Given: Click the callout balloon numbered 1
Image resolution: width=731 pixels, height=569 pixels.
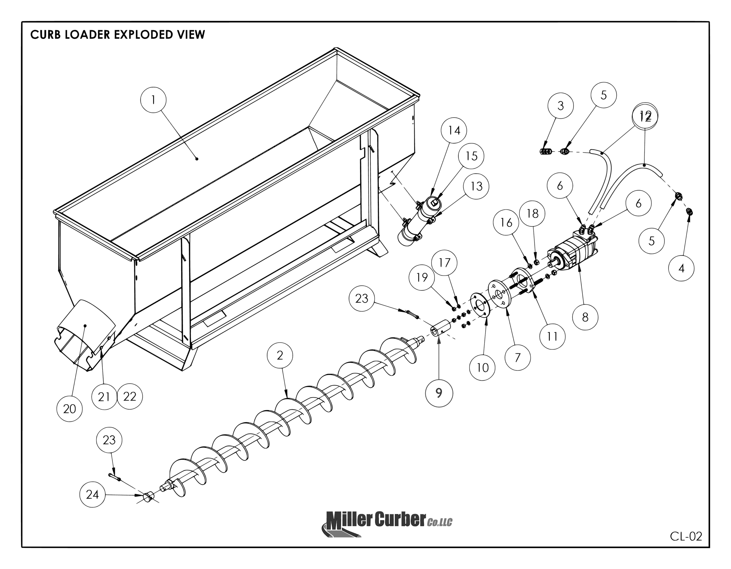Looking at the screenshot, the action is pos(153,100).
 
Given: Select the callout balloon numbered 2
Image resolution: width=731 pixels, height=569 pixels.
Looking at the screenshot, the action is pos(280,355).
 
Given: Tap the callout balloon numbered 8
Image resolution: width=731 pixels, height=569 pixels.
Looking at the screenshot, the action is pos(585,317).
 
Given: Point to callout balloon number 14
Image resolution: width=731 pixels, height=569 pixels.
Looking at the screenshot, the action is pos(454,130).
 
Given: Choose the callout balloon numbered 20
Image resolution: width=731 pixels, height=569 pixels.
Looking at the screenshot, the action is pos(70,409).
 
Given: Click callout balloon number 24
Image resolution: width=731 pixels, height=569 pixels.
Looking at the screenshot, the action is pos(93,495).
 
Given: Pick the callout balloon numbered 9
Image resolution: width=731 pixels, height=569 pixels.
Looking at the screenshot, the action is pos(439,393).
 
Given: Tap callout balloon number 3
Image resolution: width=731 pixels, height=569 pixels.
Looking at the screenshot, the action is pos(561,105).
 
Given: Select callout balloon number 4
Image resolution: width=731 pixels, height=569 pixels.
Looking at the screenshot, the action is pos(681,268).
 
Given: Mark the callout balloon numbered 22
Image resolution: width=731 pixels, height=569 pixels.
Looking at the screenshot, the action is pos(130,397).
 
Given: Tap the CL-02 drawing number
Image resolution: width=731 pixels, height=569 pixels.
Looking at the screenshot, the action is pos(686,536).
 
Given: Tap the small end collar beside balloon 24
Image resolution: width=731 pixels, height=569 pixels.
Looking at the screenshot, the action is pos(148,497).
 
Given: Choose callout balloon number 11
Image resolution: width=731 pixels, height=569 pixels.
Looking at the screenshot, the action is pos(552,336).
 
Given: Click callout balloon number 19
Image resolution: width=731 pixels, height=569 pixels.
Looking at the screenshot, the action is pos(422,277).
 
